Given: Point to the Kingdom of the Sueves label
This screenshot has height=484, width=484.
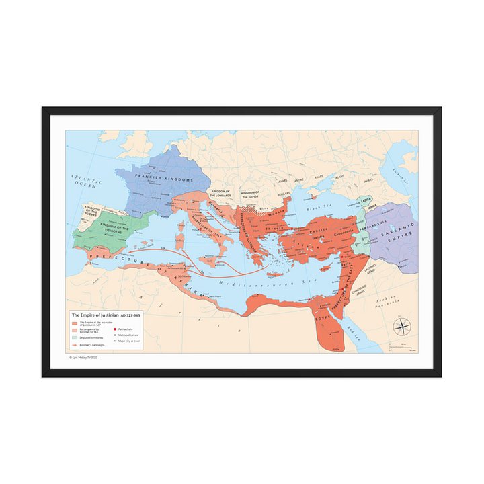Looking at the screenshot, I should point(87,213).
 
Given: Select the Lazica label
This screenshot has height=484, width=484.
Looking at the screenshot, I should point(366,200).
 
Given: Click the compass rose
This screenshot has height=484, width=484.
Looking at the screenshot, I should point(402,327).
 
